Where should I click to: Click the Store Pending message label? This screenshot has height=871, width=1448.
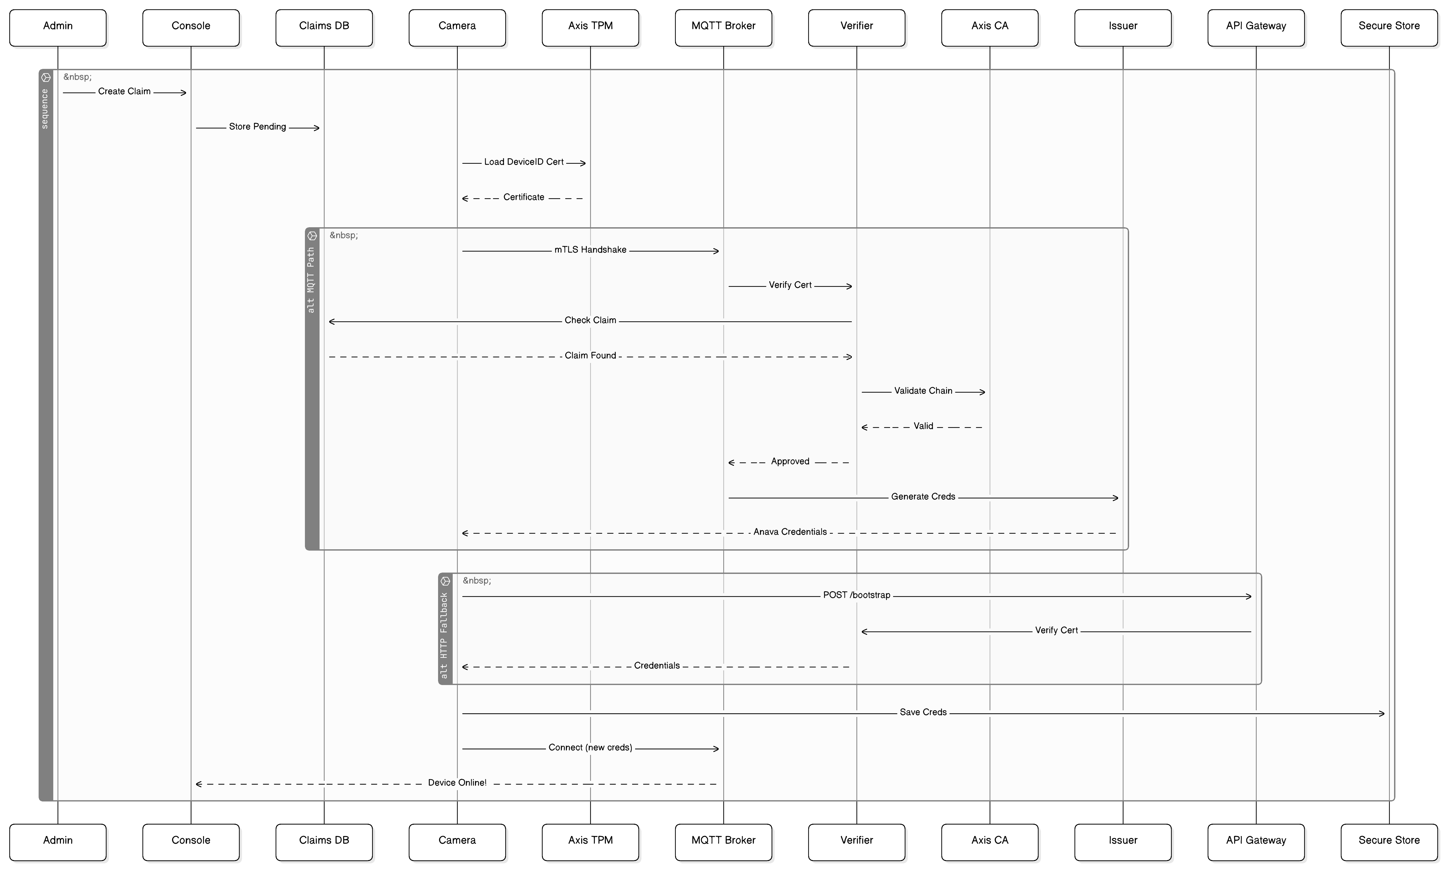pos(257,127)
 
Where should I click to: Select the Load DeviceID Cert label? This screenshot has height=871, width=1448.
pos(523,162)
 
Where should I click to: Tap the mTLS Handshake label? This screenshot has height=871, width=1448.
pos(590,250)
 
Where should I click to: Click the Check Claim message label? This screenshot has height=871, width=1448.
pos(590,320)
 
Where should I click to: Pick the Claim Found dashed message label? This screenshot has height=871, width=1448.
pos(590,356)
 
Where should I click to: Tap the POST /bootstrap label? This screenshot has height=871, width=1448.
pos(856,595)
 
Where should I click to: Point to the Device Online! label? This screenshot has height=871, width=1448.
pos(457,783)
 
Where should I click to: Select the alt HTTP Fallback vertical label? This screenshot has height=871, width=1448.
pos(444,635)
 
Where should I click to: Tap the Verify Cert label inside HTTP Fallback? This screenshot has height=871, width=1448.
pos(1056,630)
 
